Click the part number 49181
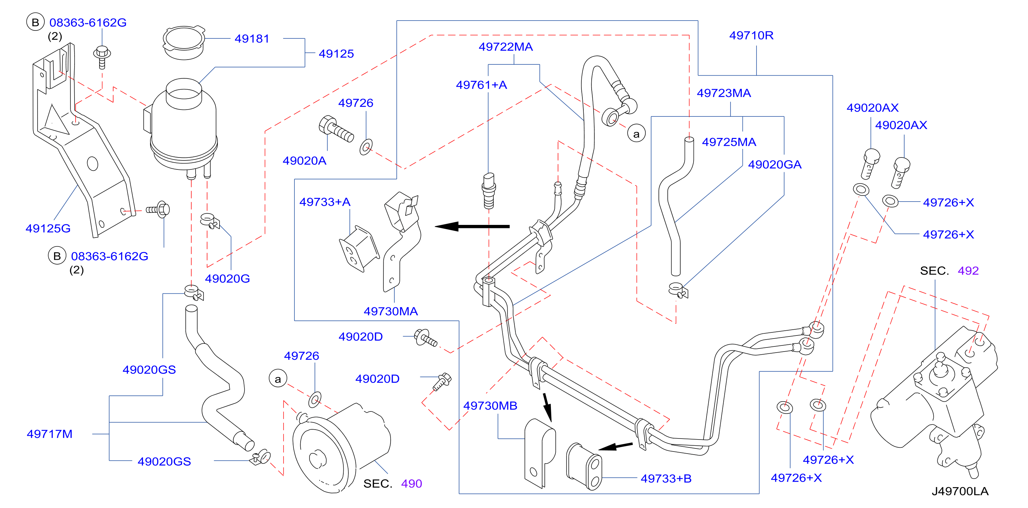pyautogui.click(x=252, y=39)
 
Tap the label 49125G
pyautogui.click(x=48, y=228)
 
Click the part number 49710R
pyautogui.click(x=751, y=36)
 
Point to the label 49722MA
pyautogui.click(x=505, y=47)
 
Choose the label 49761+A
pyautogui.click(x=481, y=85)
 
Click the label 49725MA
pyautogui.click(x=729, y=142)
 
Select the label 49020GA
pyautogui.click(x=775, y=165)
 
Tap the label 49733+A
pyautogui.click(x=325, y=202)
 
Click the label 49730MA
pyautogui.click(x=391, y=312)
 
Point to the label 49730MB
pyautogui.click(x=490, y=406)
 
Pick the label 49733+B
pyautogui.click(x=666, y=479)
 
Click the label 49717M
pyautogui.click(x=50, y=434)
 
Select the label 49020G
pyautogui.click(x=227, y=279)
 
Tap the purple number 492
pyautogui.click(x=968, y=271)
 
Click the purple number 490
pyautogui.click(x=411, y=484)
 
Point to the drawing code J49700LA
pyautogui.click(x=960, y=491)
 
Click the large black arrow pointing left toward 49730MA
pyautogui.click(x=472, y=227)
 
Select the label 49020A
pyautogui.click(x=304, y=161)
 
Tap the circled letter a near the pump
pyautogui.click(x=278, y=379)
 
